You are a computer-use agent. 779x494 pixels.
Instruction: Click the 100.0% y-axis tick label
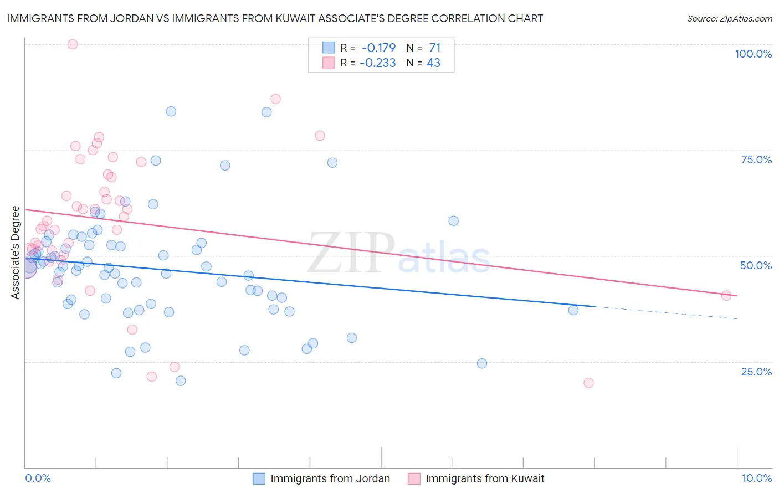point(753,54)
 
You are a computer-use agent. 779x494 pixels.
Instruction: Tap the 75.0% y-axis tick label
point(756,159)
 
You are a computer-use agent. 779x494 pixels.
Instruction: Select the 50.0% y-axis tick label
point(756,265)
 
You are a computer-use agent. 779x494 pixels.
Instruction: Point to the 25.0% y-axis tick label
point(756,372)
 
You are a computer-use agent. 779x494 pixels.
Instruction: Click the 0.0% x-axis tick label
point(38,478)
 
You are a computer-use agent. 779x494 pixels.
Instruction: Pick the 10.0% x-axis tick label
point(756,478)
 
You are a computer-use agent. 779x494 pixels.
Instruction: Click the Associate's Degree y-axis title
point(16,253)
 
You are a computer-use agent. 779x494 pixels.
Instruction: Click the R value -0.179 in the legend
point(378,48)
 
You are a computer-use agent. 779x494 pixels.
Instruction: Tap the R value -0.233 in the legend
point(377,63)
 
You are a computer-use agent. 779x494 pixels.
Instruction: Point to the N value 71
point(434,48)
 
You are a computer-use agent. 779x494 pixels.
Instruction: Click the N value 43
point(433,63)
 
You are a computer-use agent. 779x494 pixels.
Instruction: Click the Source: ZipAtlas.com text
point(729,19)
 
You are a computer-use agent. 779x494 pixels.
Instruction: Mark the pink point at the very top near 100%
point(73,44)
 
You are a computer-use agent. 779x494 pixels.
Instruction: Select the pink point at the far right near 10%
point(726,296)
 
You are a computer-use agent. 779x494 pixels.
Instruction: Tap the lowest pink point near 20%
point(588,383)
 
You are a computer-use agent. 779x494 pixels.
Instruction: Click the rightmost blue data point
point(573,310)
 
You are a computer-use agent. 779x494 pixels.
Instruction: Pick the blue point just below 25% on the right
point(482,363)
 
